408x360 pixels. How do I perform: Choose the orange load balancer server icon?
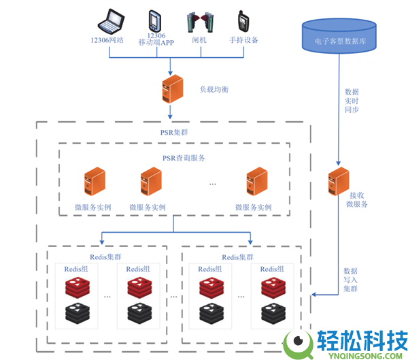171,89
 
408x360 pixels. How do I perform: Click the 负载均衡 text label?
214,89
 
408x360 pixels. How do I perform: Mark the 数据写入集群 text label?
351,280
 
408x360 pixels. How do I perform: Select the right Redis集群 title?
238,257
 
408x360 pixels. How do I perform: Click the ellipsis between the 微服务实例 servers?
212,184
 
